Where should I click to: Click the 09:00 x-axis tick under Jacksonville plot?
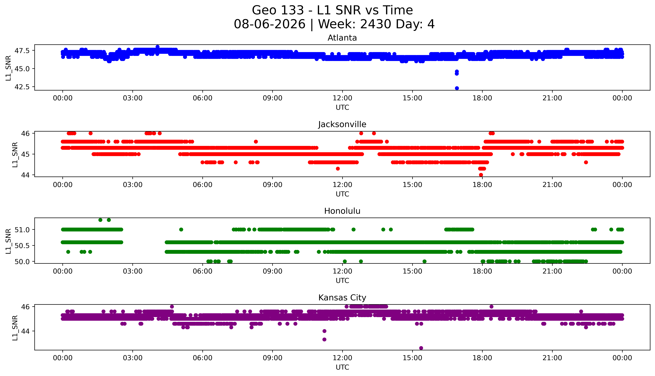tap(272, 185)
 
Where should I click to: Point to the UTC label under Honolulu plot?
tap(342, 281)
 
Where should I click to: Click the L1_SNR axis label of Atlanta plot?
tap(9, 68)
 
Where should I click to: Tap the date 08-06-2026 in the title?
tap(270, 24)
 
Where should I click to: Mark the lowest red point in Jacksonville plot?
tap(481, 175)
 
